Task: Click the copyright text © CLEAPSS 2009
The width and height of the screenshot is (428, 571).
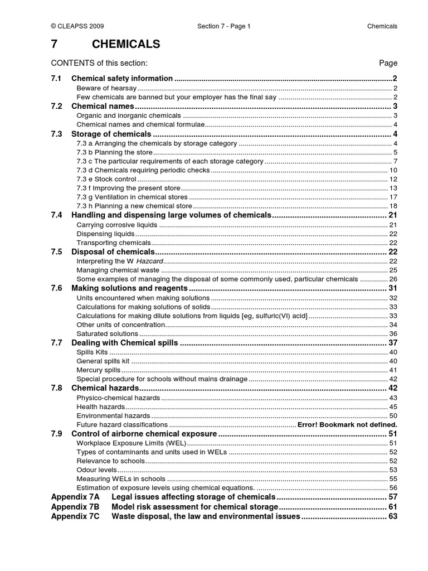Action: coord(77,26)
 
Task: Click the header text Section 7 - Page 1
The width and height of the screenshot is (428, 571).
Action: coord(224,26)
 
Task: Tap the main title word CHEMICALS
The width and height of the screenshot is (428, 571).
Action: coord(115,44)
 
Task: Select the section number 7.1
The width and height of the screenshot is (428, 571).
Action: coord(56,79)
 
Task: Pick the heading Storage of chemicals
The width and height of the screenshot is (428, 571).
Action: coord(111,134)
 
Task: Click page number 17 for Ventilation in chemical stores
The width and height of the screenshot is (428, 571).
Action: coord(393,197)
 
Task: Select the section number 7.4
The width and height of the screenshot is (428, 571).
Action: coord(56,215)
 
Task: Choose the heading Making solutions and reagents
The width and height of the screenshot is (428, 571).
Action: coord(129,288)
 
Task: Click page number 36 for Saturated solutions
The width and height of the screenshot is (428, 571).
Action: coord(393,333)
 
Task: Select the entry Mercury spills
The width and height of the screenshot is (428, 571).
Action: coord(98,370)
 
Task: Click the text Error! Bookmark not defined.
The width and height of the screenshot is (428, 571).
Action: coord(347,424)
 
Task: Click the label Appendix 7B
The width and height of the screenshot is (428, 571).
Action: coord(75,506)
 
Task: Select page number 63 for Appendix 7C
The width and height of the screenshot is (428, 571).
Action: coord(392,516)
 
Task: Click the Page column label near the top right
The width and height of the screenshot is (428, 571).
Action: coord(388,63)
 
